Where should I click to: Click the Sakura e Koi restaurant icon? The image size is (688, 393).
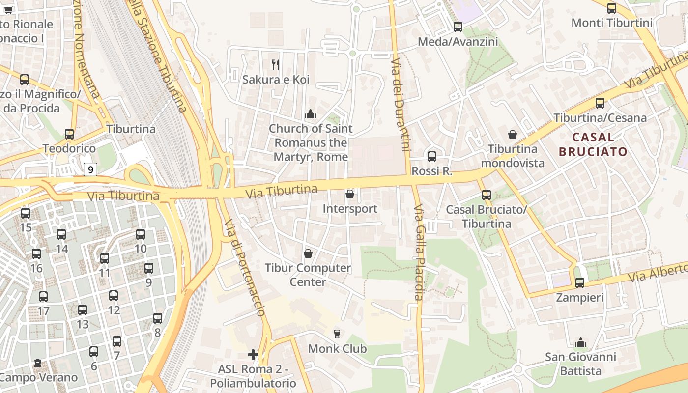276,64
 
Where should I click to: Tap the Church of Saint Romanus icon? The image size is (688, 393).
310,114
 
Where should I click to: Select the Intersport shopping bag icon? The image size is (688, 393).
350,194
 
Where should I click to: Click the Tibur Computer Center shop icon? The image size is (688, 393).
308,253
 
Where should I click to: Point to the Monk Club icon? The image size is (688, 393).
337,334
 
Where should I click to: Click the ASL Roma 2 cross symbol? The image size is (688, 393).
253,354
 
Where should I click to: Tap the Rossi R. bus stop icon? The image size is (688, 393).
432,157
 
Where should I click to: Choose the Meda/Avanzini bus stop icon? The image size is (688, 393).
458,27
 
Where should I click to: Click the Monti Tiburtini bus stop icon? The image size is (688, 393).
612,8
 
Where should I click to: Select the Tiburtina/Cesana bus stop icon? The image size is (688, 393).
600,103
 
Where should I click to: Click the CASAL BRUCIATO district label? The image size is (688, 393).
593,144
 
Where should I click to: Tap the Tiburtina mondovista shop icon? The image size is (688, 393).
513,135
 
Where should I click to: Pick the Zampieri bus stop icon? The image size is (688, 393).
580,283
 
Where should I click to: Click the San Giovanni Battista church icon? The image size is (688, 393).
581,342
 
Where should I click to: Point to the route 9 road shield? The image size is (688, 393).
90,169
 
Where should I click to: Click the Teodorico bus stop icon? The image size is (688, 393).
69,134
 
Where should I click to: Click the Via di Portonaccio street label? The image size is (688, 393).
245,268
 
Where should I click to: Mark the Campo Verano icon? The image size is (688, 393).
38,363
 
